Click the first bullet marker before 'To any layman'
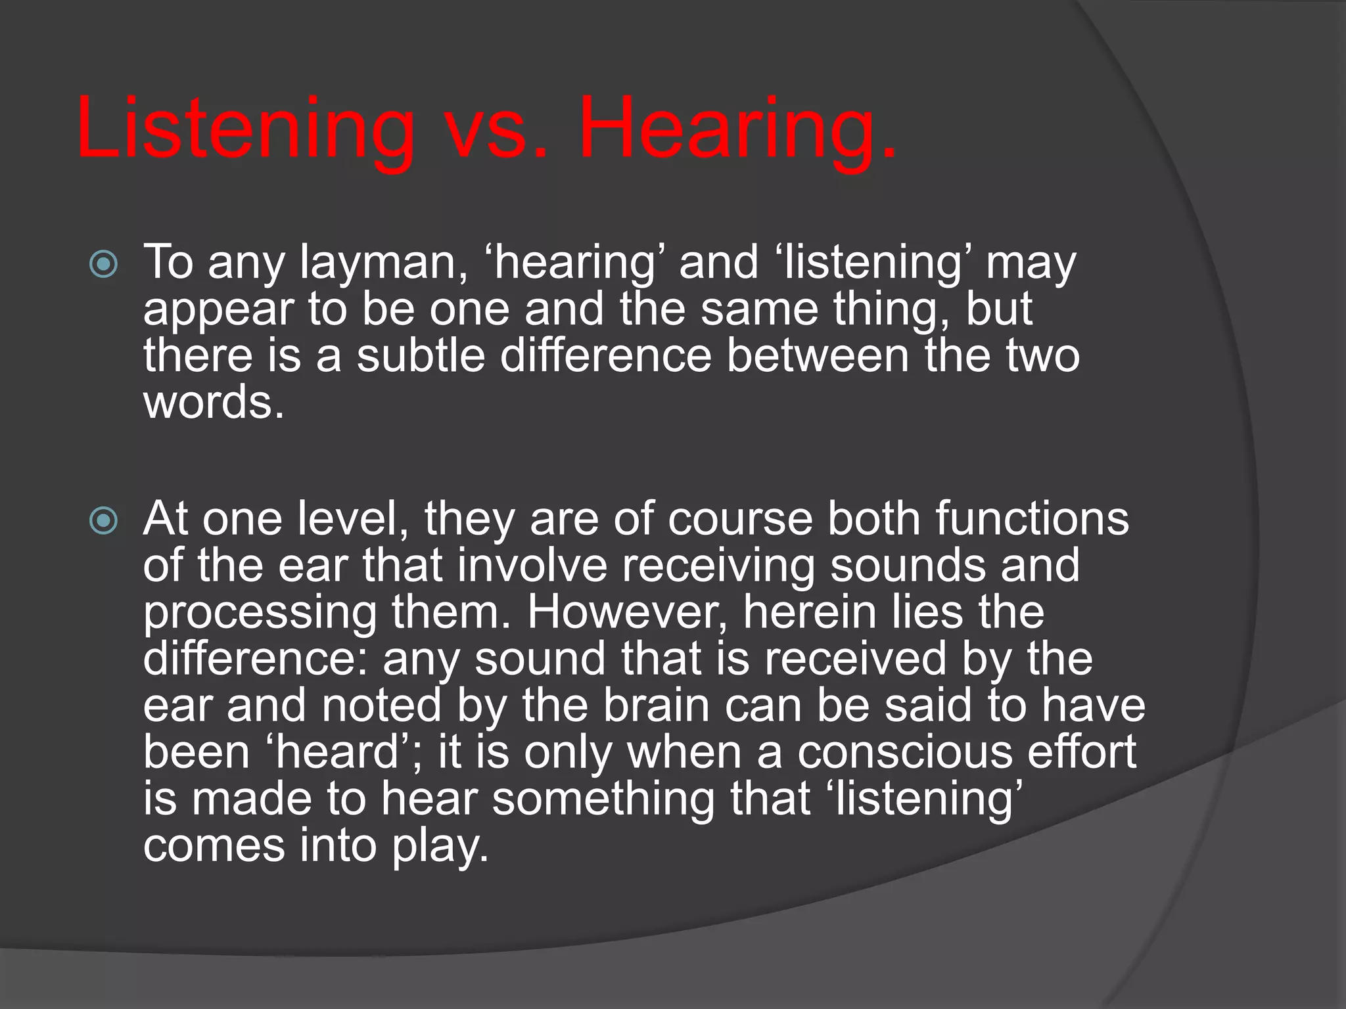click(x=103, y=265)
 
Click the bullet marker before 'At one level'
click(x=103, y=521)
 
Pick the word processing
click(x=260, y=614)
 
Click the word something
click(x=603, y=800)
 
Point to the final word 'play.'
click(x=441, y=847)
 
